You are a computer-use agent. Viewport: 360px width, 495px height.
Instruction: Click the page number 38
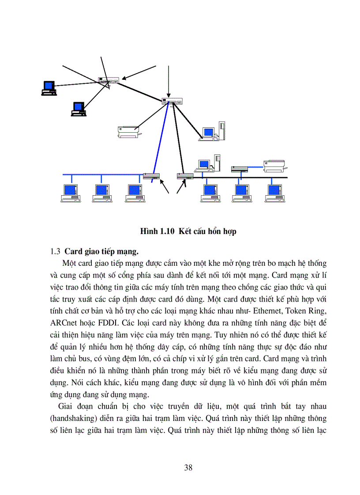[x=188, y=468]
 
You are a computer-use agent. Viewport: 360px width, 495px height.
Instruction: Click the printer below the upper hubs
[x=128, y=131]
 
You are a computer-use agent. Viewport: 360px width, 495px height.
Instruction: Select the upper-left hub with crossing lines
[x=109, y=81]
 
